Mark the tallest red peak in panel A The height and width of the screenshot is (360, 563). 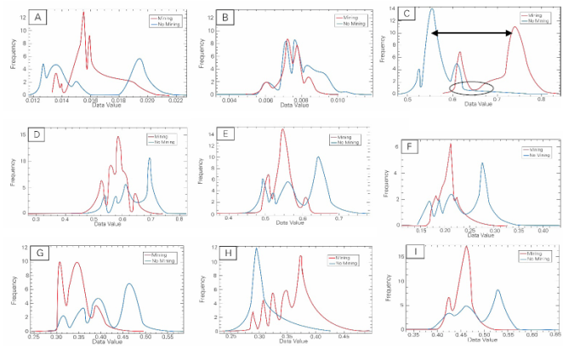tap(83, 14)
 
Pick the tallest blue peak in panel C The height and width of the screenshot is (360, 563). tap(431, 10)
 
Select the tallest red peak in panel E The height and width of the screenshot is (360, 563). tap(281, 129)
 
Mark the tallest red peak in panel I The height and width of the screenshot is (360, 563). tap(466, 249)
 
